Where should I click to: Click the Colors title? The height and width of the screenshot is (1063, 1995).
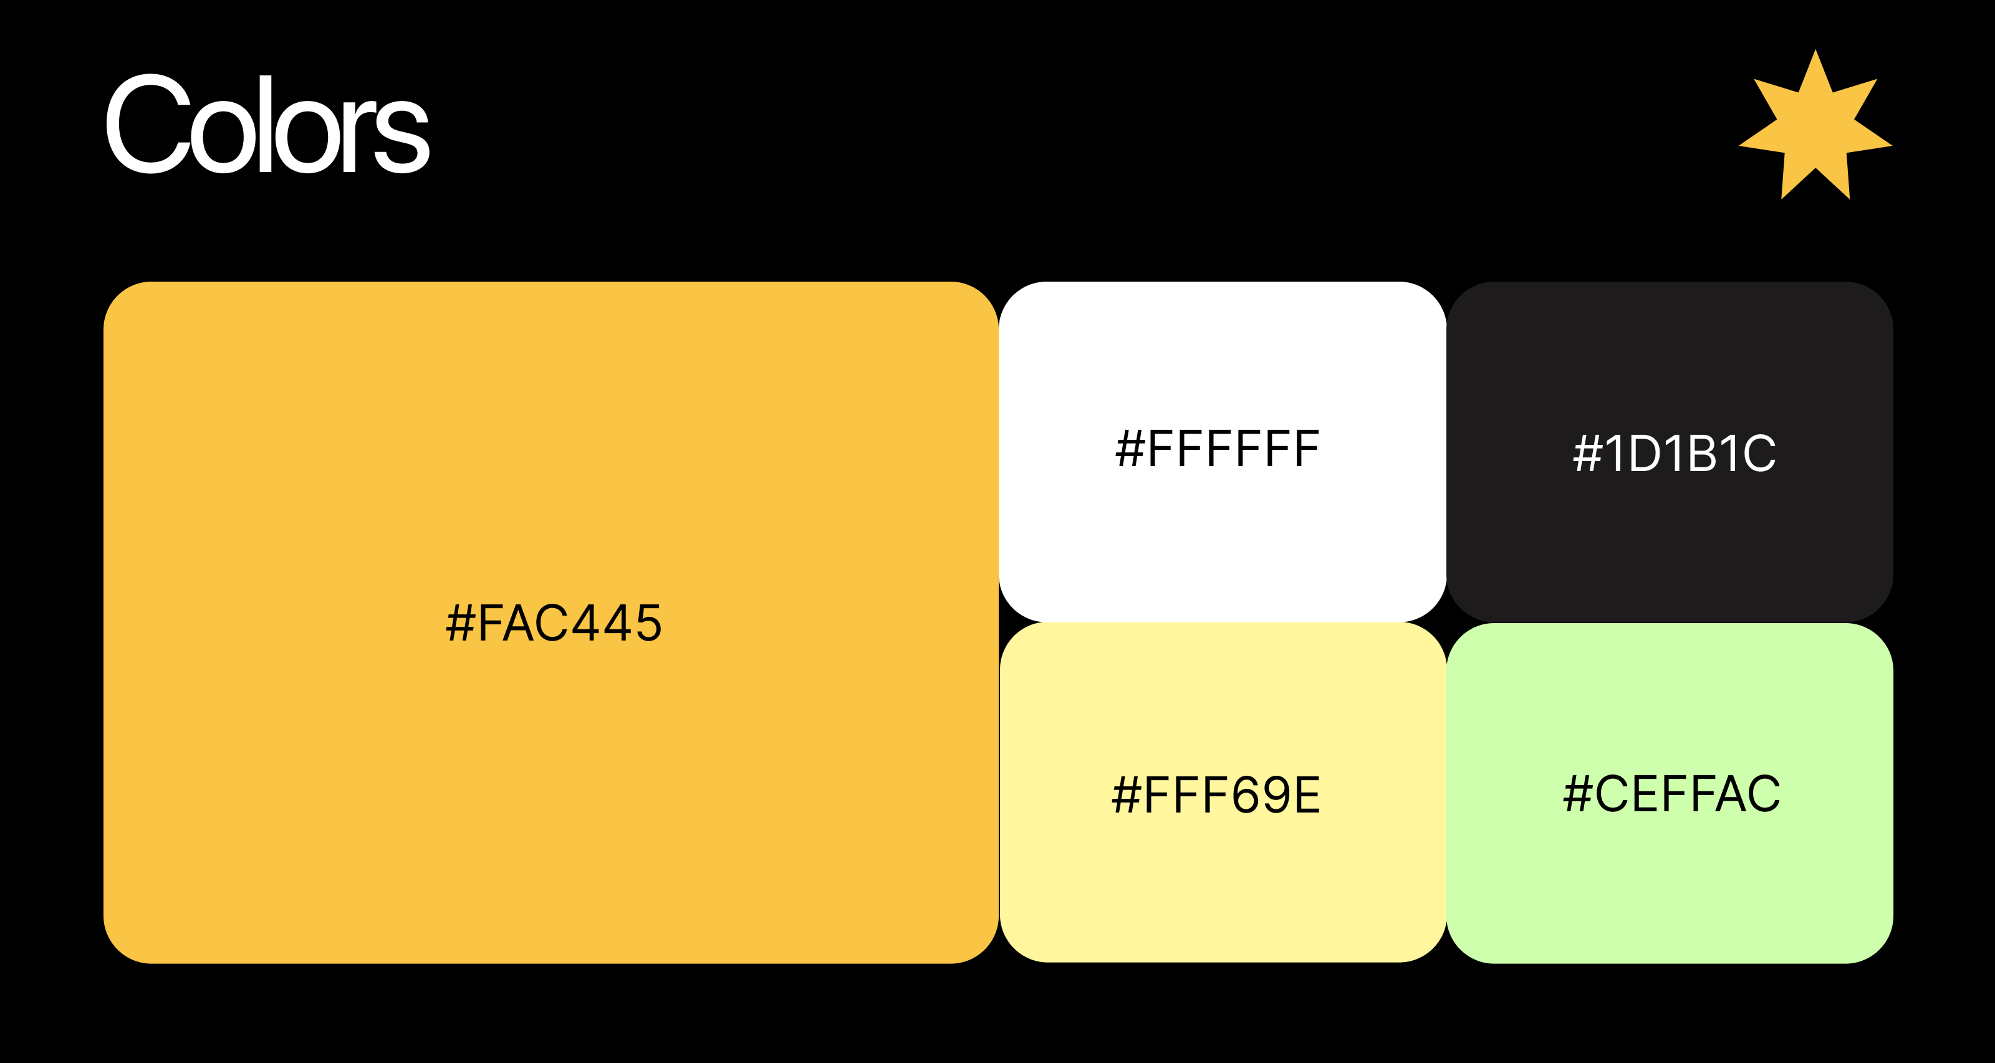267,124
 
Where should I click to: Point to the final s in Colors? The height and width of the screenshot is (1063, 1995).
402,135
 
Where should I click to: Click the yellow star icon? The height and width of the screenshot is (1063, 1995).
1815,125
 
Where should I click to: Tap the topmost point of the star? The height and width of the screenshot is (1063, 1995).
1815,50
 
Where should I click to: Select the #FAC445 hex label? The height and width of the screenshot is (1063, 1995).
554,623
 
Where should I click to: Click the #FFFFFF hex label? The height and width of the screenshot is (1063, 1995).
1218,449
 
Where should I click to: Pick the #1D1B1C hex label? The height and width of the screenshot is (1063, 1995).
1675,454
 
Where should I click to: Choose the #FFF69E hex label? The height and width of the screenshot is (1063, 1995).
1216,795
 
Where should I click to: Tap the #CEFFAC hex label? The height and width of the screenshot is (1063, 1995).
1671,794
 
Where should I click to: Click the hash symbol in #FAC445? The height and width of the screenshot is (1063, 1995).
461,623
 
